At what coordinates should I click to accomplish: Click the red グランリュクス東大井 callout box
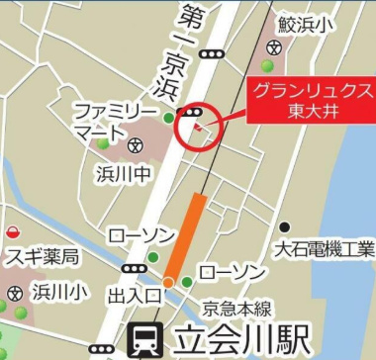pyautogui.click(x=312, y=99)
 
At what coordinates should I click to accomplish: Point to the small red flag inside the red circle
pyautogui.click(x=199, y=128)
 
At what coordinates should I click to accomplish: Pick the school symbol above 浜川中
pyautogui.click(x=138, y=146)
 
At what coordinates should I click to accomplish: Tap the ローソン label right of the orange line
pyautogui.click(x=232, y=270)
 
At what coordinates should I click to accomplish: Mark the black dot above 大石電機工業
pyautogui.click(x=285, y=227)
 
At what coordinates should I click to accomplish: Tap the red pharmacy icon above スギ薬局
pyautogui.click(x=13, y=232)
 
